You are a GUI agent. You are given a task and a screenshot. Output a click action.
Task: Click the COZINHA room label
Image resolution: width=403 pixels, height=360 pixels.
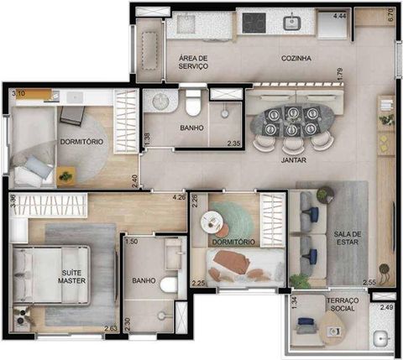[x=297, y=59]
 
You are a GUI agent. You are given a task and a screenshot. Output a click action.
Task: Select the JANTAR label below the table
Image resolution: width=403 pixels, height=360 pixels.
[x=292, y=158]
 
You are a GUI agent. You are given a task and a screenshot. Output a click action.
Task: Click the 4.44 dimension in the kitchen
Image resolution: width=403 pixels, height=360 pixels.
[x=340, y=16]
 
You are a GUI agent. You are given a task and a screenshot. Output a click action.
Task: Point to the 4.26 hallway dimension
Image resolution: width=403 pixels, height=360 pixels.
[x=178, y=198]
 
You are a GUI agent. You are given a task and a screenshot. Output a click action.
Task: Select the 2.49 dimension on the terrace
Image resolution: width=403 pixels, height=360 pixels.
[x=387, y=307]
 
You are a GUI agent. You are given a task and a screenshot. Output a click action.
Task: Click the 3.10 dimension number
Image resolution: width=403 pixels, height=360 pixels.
[x=19, y=94]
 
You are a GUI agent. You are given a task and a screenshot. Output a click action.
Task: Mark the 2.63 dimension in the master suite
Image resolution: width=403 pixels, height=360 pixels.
[x=110, y=328]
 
